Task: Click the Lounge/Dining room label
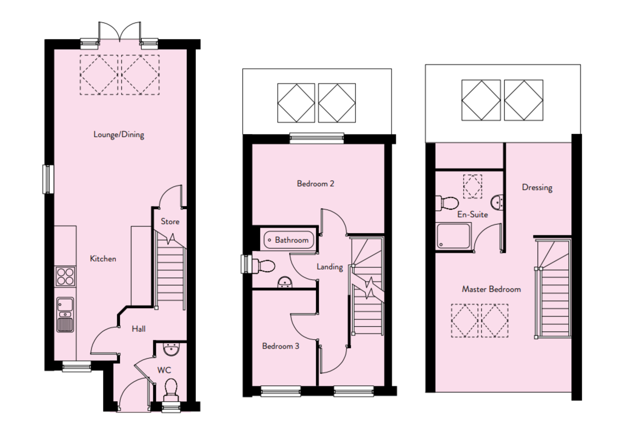[x=119, y=135]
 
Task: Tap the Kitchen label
[x=103, y=259]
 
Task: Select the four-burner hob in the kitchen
[x=65, y=277]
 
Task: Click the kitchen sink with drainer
[x=65, y=315]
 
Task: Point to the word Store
[x=170, y=222]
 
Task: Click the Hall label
[x=138, y=329]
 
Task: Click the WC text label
[x=164, y=370]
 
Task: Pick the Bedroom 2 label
[x=315, y=184]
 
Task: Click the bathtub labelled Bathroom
[x=289, y=240]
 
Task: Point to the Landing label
[x=330, y=267]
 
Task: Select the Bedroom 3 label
[x=280, y=346]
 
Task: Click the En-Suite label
[x=472, y=215]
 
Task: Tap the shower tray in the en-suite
[x=453, y=236]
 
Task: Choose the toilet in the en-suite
[x=447, y=203]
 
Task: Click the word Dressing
[x=537, y=187]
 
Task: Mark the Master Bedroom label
[x=491, y=289]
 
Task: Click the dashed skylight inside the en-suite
[x=472, y=186]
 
